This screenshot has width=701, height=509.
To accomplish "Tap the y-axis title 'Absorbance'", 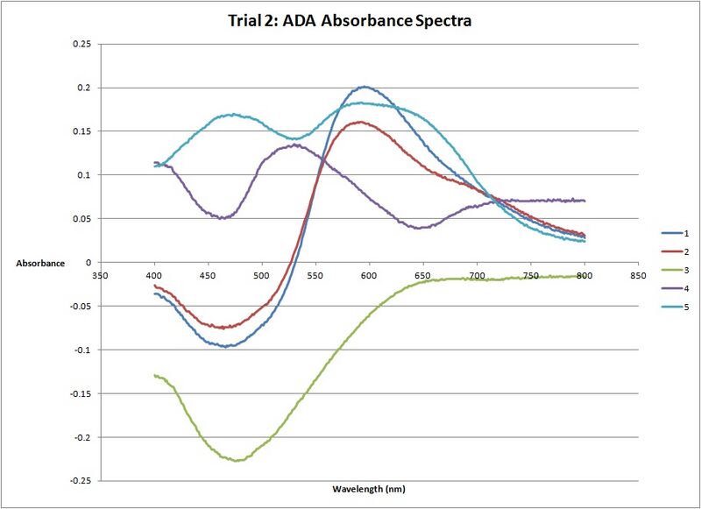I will (39, 263).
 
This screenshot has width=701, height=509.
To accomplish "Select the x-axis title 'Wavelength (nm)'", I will (369, 489).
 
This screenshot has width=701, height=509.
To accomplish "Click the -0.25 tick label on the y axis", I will (79, 481).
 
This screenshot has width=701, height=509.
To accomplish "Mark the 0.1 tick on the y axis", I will (83, 175).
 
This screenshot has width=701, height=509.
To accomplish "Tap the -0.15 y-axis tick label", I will (79, 393).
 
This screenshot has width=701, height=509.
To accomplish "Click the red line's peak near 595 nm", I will (362, 122).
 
